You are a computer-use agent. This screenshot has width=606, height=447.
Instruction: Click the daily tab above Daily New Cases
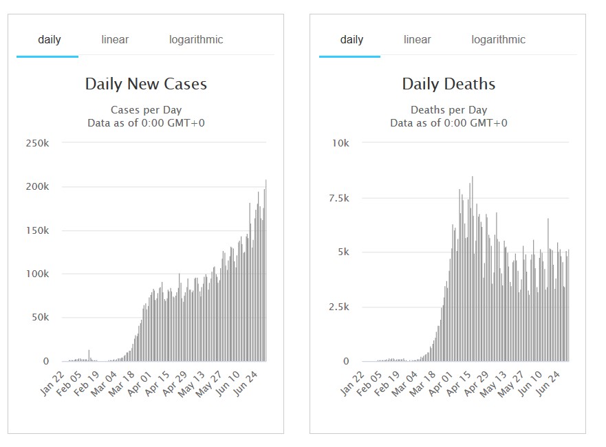click(x=49, y=40)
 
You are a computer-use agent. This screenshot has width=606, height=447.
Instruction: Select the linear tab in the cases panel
click(x=115, y=40)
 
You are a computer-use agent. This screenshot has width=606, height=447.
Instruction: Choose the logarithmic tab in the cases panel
click(x=196, y=40)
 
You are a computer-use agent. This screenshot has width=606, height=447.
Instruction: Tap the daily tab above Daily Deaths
click(x=351, y=40)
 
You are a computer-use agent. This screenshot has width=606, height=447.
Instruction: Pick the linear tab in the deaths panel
click(x=418, y=40)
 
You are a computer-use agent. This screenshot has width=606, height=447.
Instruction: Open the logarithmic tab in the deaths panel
click(x=498, y=40)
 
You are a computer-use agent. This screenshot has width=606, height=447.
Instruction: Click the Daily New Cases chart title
click(x=146, y=85)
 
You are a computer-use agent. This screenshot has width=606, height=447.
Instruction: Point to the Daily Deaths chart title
click(x=448, y=85)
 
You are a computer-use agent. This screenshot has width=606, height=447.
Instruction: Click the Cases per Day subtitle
click(x=146, y=110)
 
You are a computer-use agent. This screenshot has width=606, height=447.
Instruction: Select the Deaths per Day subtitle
click(x=448, y=110)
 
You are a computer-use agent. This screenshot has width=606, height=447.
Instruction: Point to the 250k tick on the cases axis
click(x=36, y=143)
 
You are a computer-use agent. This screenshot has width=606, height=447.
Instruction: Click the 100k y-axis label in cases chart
click(x=36, y=274)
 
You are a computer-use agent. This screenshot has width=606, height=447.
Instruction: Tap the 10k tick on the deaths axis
click(x=340, y=143)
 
